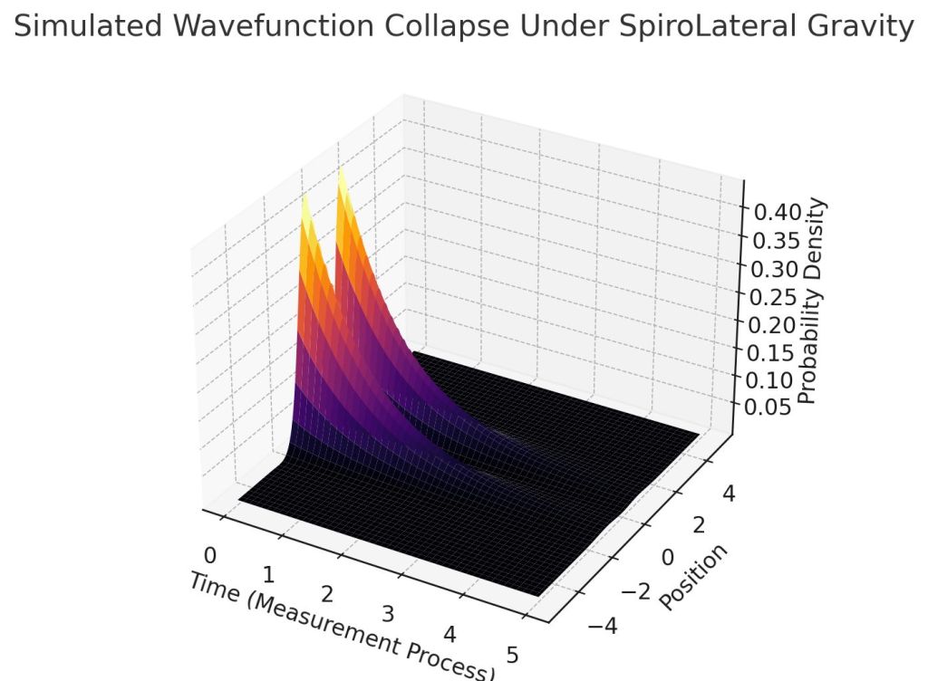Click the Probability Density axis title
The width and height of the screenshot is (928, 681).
[x=815, y=302]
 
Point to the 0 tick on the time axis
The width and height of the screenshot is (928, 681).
[x=210, y=554]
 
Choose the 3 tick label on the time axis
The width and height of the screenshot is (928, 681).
[x=388, y=615]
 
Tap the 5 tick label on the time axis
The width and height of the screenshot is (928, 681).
[x=514, y=657]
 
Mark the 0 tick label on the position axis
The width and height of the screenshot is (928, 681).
[x=668, y=557]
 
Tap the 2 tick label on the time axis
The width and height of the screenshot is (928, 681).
[x=327, y=594]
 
